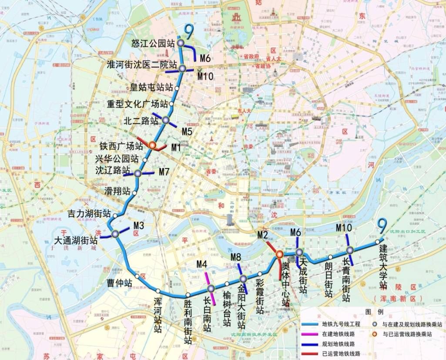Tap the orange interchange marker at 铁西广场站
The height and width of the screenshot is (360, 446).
152,146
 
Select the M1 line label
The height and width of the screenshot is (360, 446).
176,148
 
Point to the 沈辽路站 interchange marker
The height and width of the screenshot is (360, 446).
138,173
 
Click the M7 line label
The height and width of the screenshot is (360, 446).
164,172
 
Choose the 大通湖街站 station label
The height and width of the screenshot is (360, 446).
75,240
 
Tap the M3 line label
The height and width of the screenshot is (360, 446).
139,225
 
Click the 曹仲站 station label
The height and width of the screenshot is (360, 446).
119,283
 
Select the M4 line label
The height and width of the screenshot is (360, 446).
201,264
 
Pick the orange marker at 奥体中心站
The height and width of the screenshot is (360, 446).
279,254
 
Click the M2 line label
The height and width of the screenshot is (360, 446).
262,235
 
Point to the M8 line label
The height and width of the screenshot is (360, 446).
236,257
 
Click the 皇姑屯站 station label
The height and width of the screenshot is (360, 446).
151,87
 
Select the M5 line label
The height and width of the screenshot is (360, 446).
187,131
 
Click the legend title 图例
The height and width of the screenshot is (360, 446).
371,312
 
